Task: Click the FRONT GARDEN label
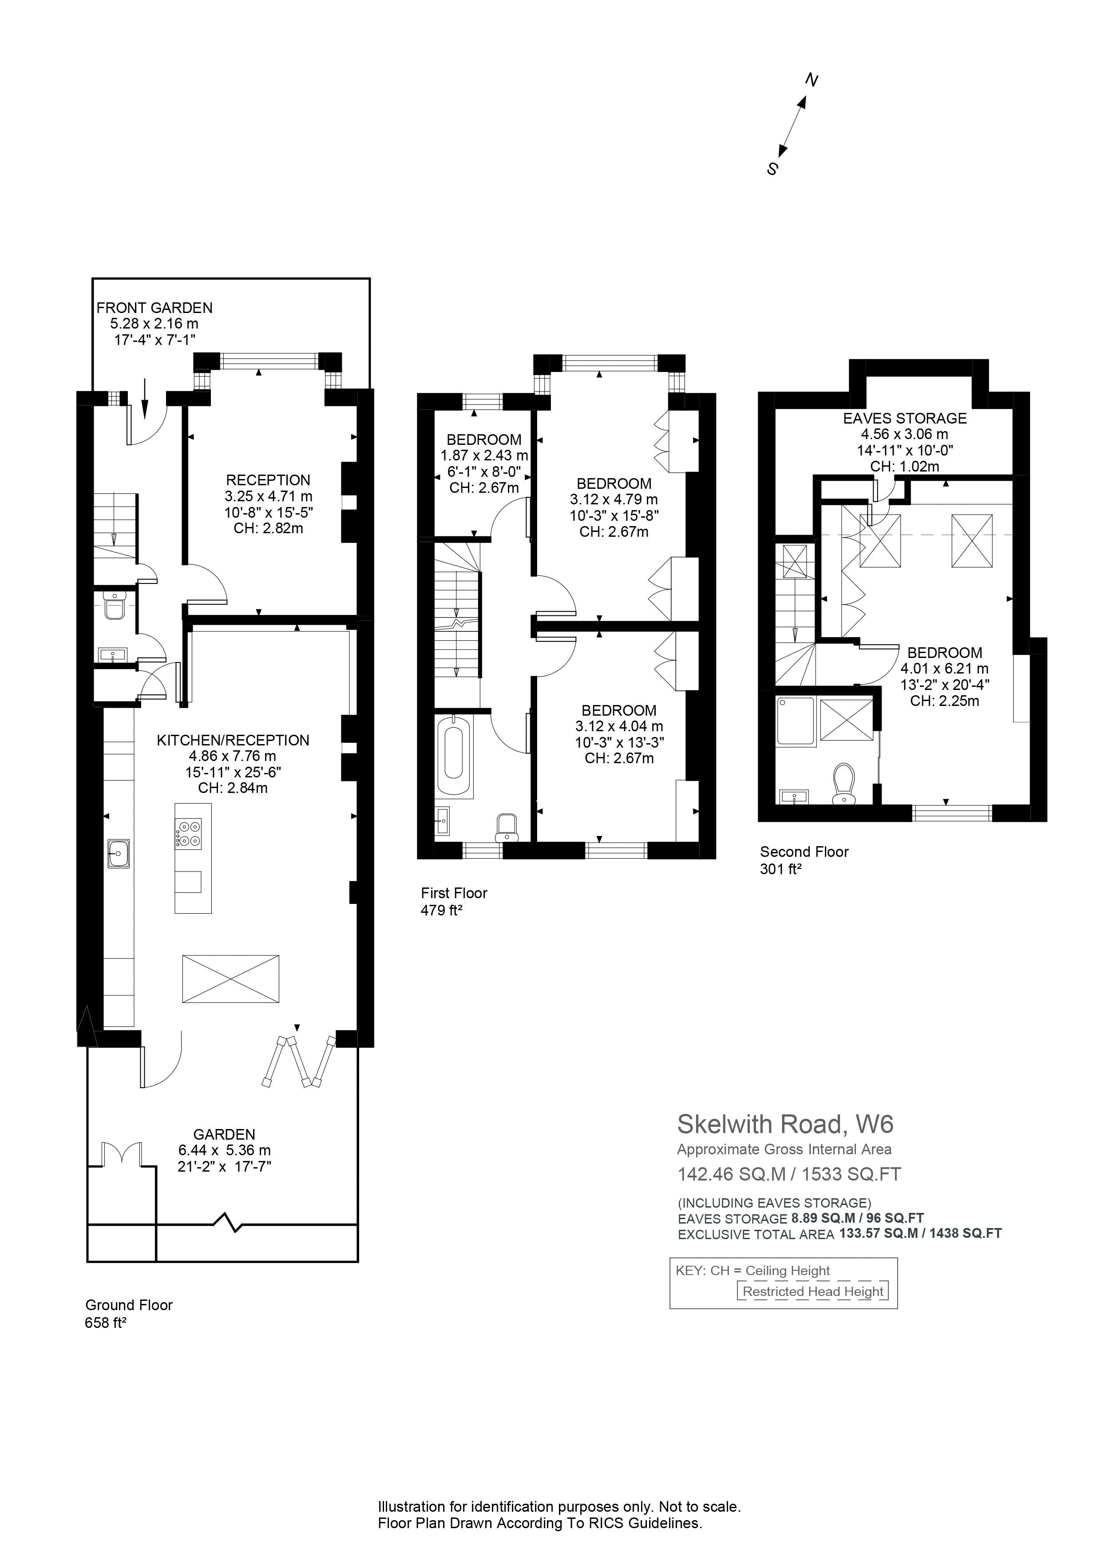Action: tap(154, 308)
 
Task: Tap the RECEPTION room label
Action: tap(269, 480)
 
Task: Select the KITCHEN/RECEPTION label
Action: tap(233, 741)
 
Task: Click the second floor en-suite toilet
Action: tap(844, 784)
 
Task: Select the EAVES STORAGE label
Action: tap(904, 418)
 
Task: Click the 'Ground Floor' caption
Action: tap(129, 1305)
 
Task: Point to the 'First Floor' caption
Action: tap(454, 893)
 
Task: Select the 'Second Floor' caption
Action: tap(804, 852)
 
